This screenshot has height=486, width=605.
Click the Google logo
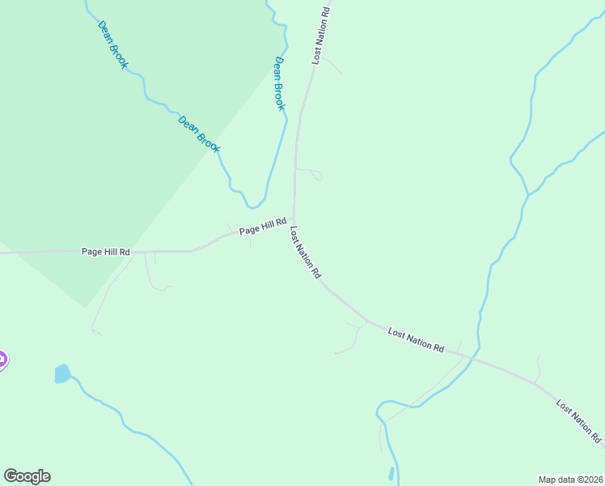pos(27,476)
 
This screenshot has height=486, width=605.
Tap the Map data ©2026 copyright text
pos(570,480)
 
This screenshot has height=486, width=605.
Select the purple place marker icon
pos(2,360)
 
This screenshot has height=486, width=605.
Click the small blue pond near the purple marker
pos(62,373)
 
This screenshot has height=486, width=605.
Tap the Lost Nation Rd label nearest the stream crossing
pos(416,339)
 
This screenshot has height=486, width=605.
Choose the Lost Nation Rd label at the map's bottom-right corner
pos(579,421)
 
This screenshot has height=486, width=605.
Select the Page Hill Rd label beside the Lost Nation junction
pos(264,228)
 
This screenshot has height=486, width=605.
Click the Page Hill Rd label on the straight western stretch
pos(106,252)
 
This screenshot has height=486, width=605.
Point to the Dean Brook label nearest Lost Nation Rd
pos(280,83)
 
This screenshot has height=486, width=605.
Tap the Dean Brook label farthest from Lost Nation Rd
pos(112,45)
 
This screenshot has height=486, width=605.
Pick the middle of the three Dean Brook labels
pos(199,134)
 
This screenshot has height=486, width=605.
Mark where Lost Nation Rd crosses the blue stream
pos(475,356)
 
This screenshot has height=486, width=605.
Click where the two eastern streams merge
pos(528,194)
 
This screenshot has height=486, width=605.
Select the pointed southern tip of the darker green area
pos(85,307)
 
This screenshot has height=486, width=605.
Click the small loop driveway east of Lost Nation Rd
pos(316,174)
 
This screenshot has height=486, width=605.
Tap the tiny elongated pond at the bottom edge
pos(391,474)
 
